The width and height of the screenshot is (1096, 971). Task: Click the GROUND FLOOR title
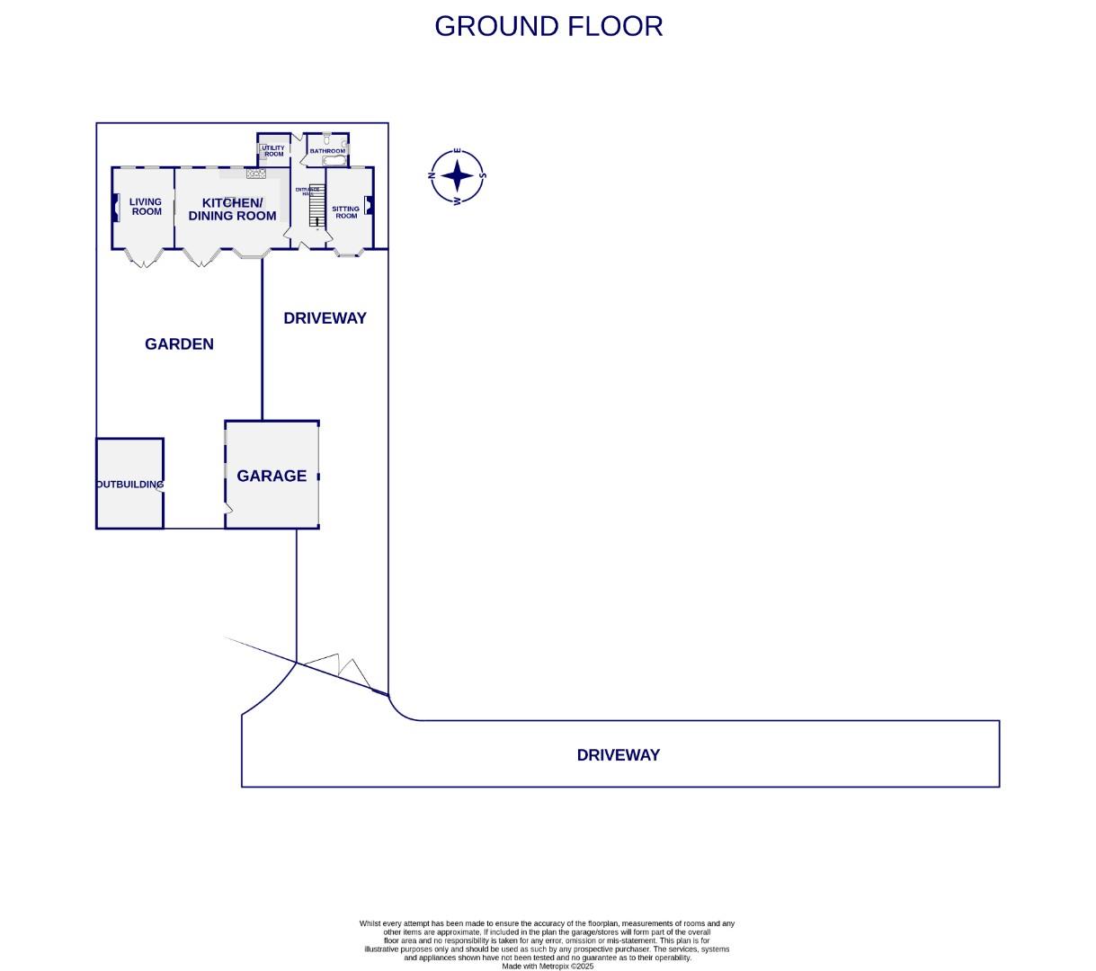(x=548, y=26)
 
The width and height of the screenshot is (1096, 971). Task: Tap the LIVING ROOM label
(x=146, y=207)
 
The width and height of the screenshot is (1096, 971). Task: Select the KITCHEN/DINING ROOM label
(x=232, y=209)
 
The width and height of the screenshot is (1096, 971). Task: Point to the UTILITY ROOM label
(x=273, y=151)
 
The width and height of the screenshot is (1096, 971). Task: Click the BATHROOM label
(x=327, y=151)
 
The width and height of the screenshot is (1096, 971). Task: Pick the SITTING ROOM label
(x=346, y=212)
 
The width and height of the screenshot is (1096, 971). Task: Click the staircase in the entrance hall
(x=316, y=211)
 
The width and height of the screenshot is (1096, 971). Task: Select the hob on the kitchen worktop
(x=256, y=174)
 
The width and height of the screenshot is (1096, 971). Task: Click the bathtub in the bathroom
(x=334, y=161)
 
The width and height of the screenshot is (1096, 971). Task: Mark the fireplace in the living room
(x=115, y=209)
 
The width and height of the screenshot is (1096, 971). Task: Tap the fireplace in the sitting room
(x=369, y=206)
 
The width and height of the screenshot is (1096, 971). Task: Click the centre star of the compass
(x=458, y=176)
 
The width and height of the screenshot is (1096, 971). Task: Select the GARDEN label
(x=179, y=344)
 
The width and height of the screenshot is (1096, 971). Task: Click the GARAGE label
(x=272, y=476)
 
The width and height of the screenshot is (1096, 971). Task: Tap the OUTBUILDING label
(x=130, y=485)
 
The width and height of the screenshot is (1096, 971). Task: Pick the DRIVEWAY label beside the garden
(x=325, y=318)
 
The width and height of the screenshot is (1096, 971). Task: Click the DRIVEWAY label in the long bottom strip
(x=618, y=755)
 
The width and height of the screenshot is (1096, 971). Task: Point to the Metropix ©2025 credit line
(x=548, y=967)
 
